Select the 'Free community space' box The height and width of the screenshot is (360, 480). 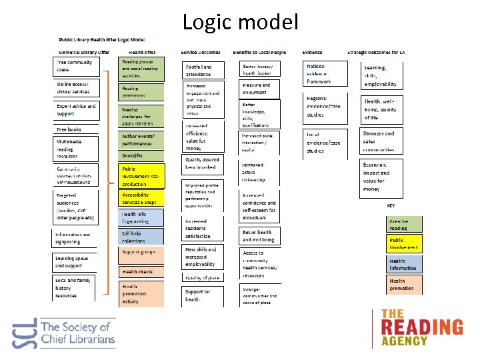coord(77,66)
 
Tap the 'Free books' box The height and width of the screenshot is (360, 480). coord(77,130)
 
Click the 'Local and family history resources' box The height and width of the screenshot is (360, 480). coord(77,288)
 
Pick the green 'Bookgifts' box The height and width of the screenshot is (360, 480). coord(141,155)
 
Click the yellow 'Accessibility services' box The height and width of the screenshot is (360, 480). coord(141,198)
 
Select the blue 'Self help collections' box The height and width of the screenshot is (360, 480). coord(141,237)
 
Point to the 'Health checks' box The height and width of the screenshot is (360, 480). coord(141,271)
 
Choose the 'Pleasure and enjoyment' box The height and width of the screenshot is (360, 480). coord(260,89)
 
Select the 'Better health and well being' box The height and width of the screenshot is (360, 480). coord(260,235)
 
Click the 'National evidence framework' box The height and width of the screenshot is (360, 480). coord(326,73)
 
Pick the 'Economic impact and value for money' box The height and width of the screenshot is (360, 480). coord(383,176)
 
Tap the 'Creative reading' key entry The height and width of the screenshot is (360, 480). coord(404,225)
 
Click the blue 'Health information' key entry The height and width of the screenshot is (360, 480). coord(404,264)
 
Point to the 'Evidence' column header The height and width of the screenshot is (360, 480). coord(312,52)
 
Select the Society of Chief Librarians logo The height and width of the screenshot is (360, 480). coord(64,332)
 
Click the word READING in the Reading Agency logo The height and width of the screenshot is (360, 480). coord(421,327)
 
